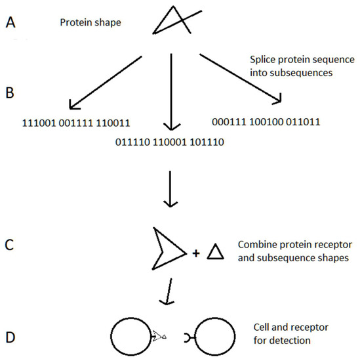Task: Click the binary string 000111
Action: pos(229,121)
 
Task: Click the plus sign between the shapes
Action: pos(195,252)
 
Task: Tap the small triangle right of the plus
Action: pos(216,251)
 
